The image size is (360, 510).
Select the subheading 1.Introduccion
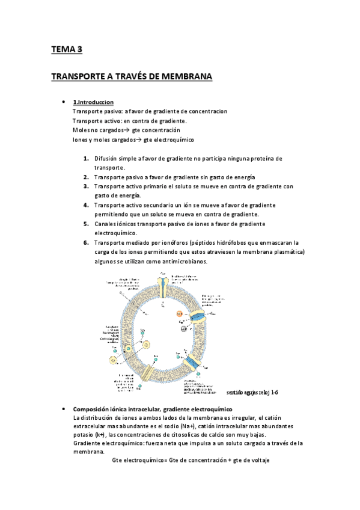(x=93, y=102)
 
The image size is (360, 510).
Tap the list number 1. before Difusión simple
(x=87, y=159)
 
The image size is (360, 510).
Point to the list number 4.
(x=87, y=205)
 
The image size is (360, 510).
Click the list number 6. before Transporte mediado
(x=87, y=242)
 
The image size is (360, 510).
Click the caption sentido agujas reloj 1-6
(x=252, y=392)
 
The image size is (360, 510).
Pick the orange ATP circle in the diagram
(x=179, y=313)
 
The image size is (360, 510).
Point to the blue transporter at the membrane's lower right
(x=194, y=363)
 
